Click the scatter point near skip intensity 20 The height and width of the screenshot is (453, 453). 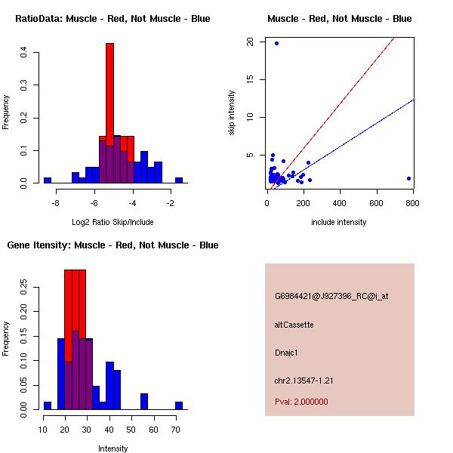[x=276, y=43]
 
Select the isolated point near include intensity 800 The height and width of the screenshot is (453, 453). [x=408, y=178]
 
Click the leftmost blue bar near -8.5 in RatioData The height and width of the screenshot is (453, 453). [x=48, y=180]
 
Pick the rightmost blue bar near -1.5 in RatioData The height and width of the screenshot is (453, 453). [x=179, y=180]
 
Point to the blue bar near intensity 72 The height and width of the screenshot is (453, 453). [x=179, y=405]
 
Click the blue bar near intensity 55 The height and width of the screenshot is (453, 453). [x=144, y=402]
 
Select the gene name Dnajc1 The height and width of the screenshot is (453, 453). [x=286, y=353]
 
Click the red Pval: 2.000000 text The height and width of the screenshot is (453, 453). [x=301, y=402]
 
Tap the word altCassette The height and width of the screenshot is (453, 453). [x=294, y=325]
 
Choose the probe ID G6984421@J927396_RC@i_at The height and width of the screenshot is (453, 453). [x=331, y=297]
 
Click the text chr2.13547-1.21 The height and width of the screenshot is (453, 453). [x=304, y=381]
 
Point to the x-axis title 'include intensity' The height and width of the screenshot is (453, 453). [x=338, y=222]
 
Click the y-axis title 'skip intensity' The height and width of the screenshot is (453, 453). [x=232, y=113]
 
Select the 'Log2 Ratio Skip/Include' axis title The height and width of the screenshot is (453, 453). [x=112, y=222]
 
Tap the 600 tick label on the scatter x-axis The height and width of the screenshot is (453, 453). [x=376, y=203]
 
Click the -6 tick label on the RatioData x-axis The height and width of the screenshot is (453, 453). [x=94, y=203]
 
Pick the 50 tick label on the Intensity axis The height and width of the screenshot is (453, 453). [x=131, y=430]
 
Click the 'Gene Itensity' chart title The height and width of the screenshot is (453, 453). [x=39, y=245]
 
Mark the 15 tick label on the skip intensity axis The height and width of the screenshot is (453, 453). [x=250, y=79]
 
